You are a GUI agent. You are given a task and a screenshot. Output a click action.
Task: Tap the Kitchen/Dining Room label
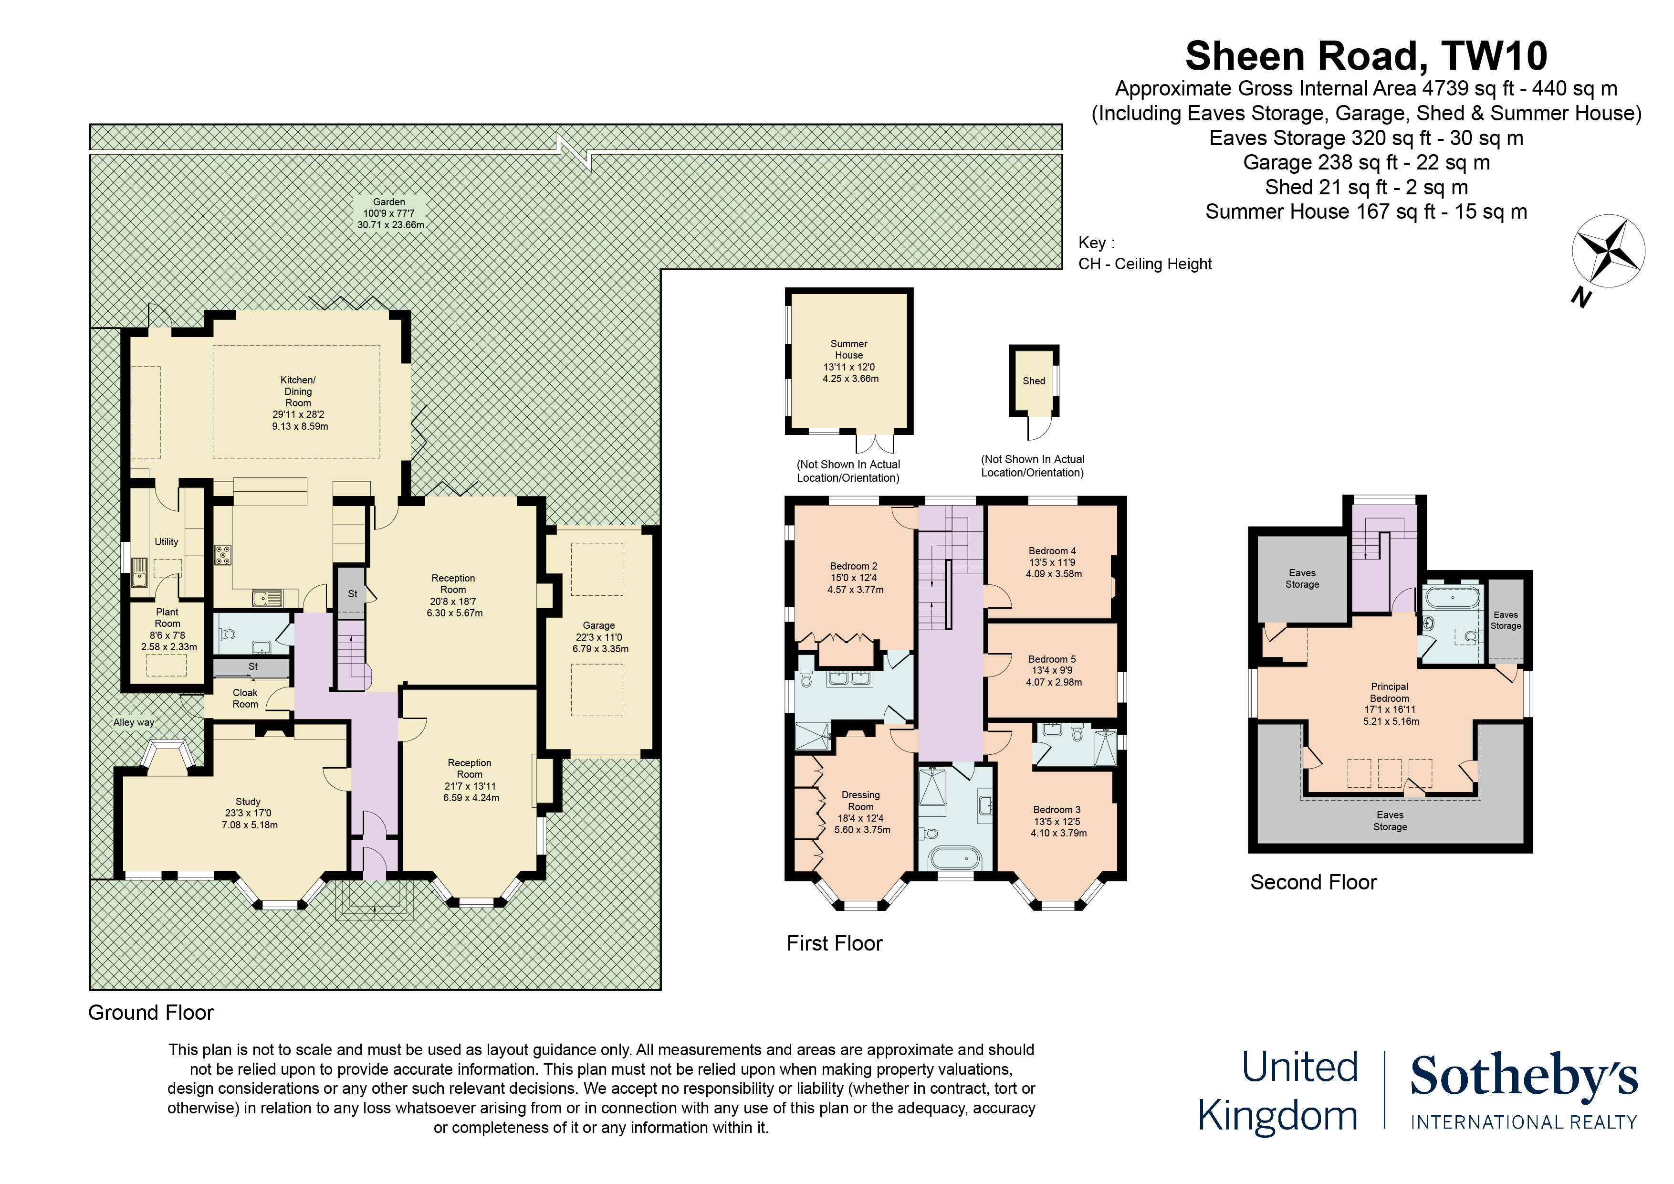298,402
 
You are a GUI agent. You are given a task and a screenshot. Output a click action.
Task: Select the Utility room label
166,542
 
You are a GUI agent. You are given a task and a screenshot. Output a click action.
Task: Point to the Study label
249,813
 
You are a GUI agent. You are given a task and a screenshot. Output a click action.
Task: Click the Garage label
599,637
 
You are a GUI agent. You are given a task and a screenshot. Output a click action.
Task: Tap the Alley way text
134,722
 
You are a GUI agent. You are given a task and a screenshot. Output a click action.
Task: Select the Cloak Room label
245,698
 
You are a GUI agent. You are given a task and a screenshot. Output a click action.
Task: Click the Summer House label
849,360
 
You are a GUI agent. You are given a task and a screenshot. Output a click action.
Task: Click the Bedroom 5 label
1053,670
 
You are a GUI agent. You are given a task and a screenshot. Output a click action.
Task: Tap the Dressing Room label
861,812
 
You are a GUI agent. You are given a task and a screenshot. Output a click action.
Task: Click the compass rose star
1608,252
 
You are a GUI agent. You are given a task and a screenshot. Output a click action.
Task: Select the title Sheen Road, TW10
1366,56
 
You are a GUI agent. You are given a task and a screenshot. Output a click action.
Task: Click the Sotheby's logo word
1523,1076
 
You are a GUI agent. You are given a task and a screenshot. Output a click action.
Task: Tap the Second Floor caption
1313,882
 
